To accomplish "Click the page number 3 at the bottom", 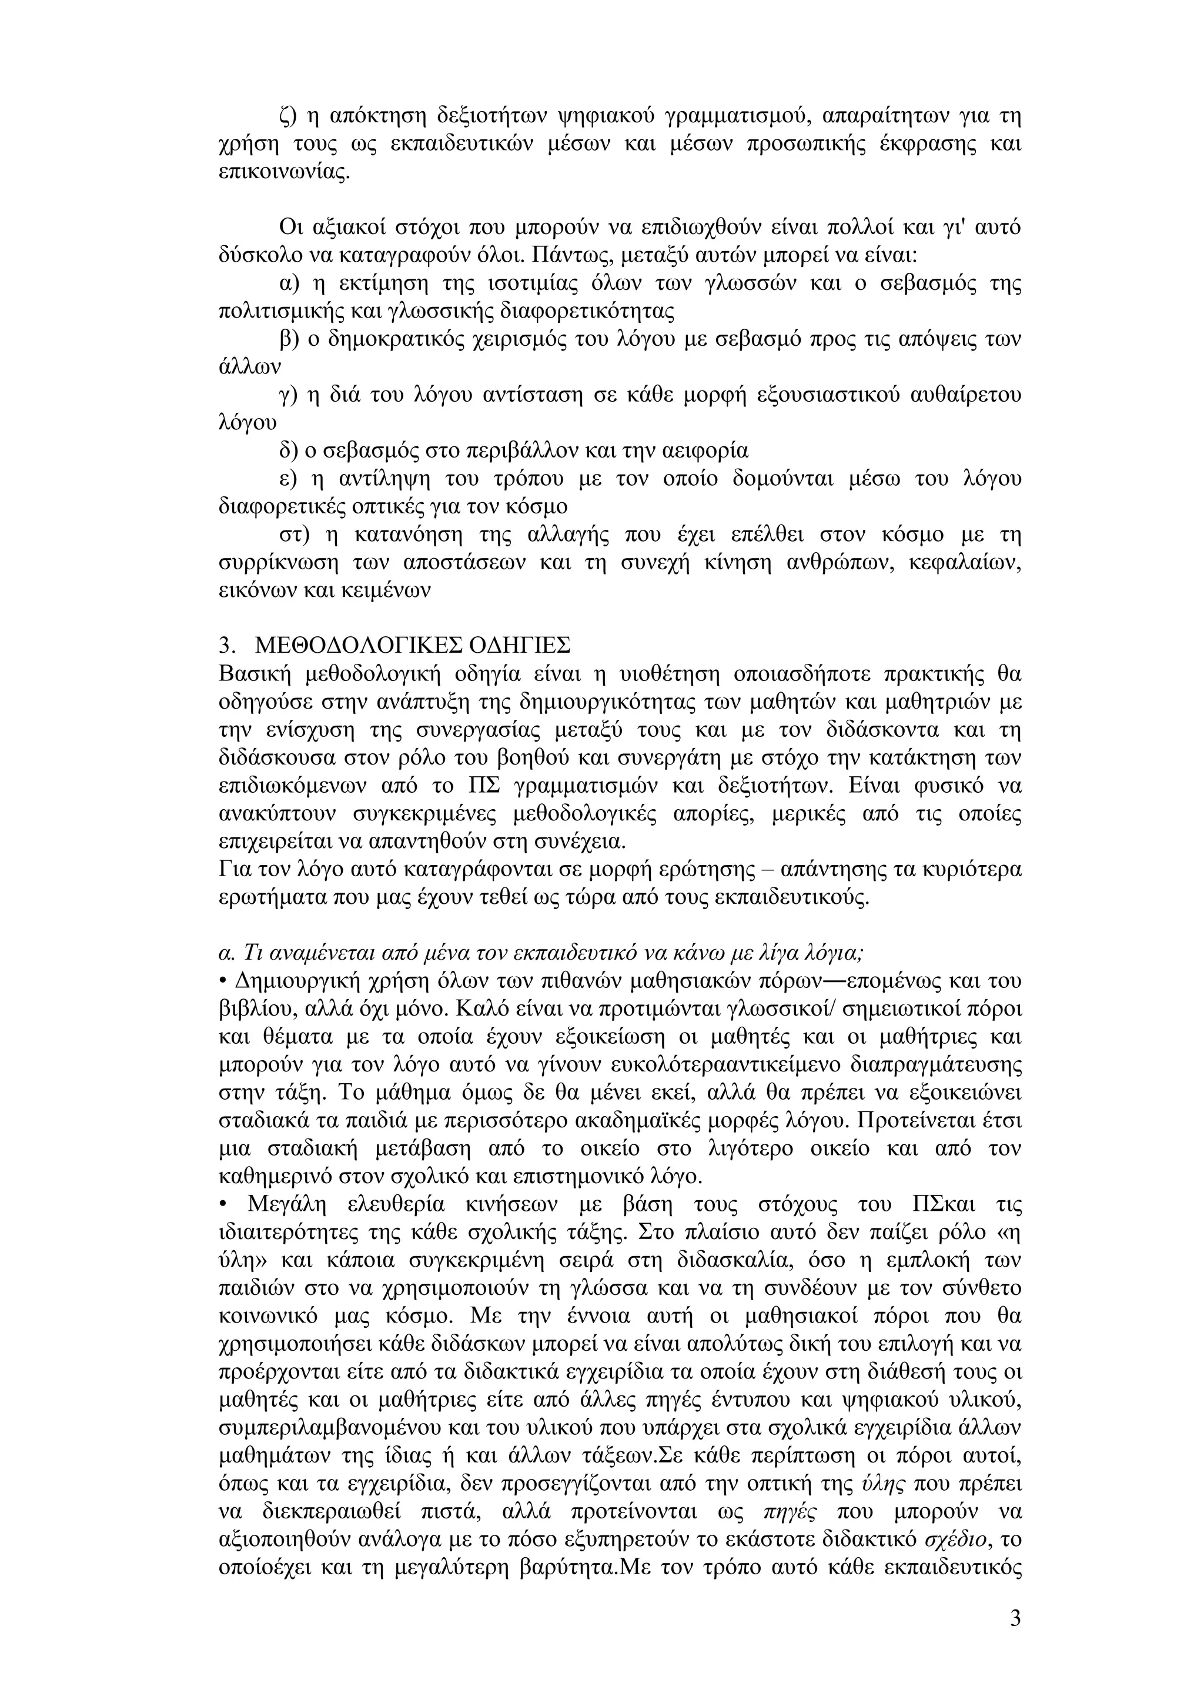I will [1015, 1612].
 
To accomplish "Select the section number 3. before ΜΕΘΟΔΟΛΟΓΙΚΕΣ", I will [228, 642].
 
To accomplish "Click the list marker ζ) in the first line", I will [289, 116].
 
